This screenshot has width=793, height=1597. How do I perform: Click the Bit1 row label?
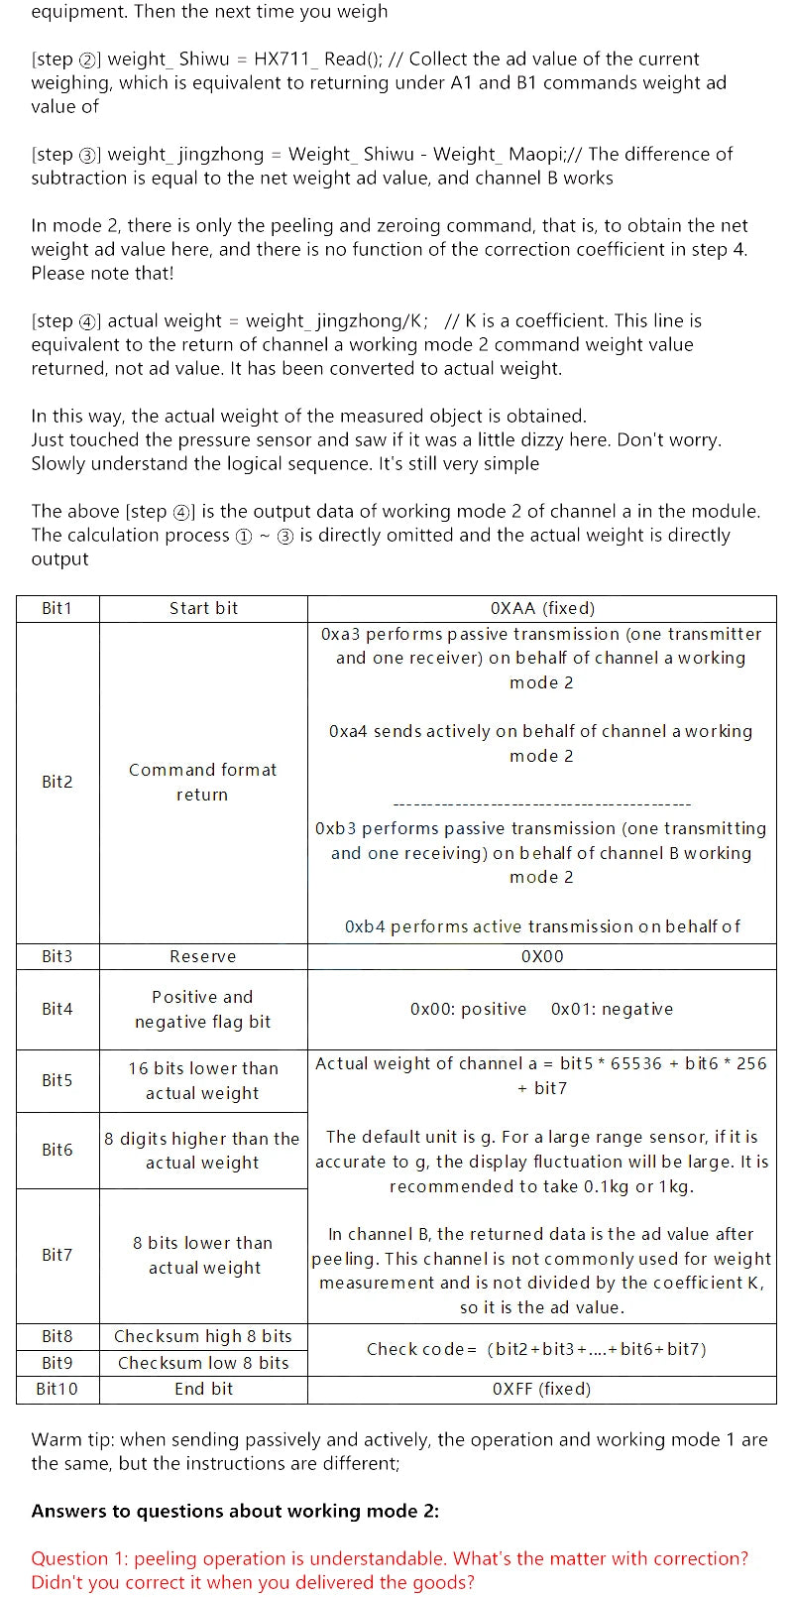click(x=57, y=608)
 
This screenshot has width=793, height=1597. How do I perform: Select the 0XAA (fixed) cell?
click(x=542, y=608)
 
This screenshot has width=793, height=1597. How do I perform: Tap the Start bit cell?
click(x=203, y=608)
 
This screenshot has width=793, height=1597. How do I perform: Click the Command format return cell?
click(x=202, y=782)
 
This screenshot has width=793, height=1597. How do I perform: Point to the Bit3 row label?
click(x=57, y=956)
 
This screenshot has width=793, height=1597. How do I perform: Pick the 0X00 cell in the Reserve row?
click(x=542, y=956)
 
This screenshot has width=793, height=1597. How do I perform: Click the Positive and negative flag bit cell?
click(x=202, y=1009)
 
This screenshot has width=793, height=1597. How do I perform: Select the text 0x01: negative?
click(x=612, y=1009)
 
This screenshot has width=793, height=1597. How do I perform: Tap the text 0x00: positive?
click(x=468, y=1009)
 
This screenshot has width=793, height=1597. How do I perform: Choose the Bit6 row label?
click(x=57, y=1150)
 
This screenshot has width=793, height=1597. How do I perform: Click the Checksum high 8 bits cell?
click(x=203, y=1336)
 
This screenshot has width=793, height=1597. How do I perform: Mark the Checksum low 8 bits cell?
click(x=203, y=1363)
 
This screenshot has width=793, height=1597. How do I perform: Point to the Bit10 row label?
click(x=57, y=1389)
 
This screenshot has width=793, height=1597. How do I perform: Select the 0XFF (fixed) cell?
click(x=542, y=1389)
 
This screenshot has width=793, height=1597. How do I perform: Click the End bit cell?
click(x=203, y=1389)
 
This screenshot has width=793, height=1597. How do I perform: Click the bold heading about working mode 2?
click(x=235, y=1511)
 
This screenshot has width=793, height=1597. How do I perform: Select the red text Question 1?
click(x=390, y=1569)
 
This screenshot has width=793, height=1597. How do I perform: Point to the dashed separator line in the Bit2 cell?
click(x=542, y=804)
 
